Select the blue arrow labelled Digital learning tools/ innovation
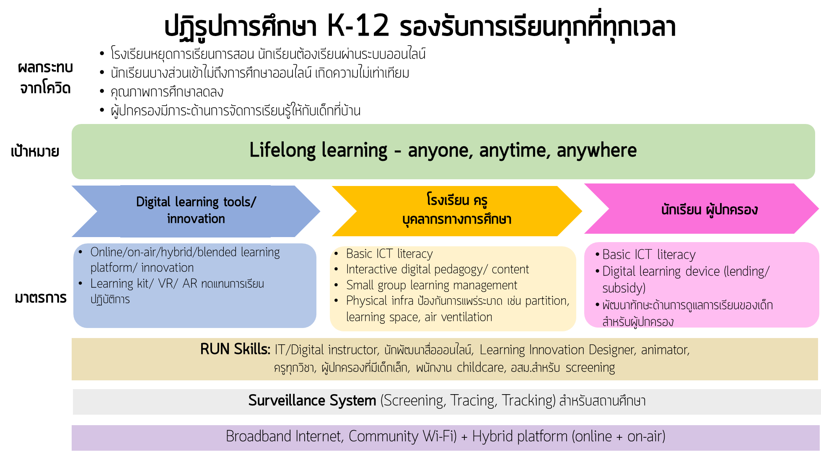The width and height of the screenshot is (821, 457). coord(196,210)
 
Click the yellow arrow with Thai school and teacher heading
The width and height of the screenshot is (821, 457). coord(456,210)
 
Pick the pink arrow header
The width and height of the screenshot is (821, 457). coord(709,209)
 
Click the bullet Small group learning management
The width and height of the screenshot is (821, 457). coord(431,285)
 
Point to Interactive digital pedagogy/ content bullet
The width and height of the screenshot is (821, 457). coord(437,269)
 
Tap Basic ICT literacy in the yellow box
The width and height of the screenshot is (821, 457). coord(389,254)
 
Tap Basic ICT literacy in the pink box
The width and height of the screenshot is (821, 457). coord(648,255)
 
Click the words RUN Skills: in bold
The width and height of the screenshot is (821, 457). coord(235,349)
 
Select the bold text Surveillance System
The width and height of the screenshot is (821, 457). coord(312,401)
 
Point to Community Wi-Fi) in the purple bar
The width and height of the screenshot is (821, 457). coord(402,436)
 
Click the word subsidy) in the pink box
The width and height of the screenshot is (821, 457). coord(624,288)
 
